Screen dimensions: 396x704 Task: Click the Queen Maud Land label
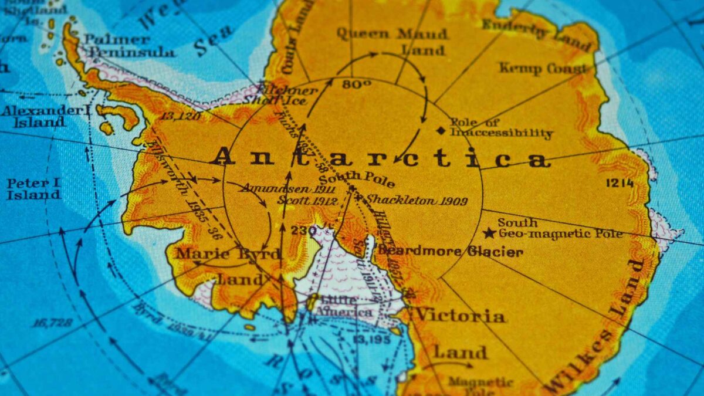click(392, 41)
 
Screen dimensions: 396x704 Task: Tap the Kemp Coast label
click(543, 69)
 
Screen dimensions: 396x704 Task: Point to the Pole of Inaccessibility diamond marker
click(441, 130)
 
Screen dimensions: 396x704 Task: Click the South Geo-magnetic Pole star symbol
click(489, 233)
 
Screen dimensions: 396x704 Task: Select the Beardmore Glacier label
click(451, 252)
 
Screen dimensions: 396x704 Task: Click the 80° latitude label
click(357, 84)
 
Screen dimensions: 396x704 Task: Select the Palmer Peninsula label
click(129, 46)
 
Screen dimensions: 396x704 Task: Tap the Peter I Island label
click(33, 189)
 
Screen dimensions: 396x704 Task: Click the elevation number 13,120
click(180, 116)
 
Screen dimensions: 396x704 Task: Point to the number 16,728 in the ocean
click(52, 322)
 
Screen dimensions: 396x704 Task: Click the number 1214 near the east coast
click(620, 183)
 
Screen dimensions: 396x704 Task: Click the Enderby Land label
click(536, 33)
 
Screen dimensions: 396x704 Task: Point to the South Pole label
click(357, 178)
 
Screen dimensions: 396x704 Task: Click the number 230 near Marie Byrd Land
click(304, 231)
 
